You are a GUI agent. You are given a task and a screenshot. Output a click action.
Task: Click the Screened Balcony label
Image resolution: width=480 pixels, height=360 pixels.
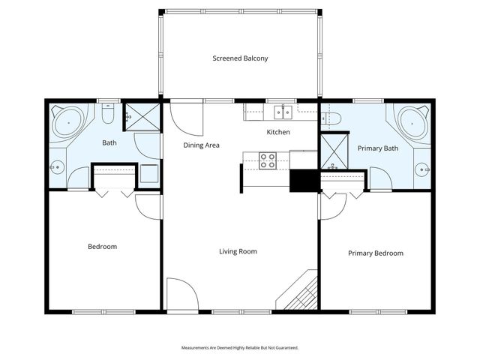[240, 58]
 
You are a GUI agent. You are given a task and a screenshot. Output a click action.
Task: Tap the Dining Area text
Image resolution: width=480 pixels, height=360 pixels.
[202, 145]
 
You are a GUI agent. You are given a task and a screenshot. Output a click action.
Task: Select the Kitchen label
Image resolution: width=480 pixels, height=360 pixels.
[278, 133]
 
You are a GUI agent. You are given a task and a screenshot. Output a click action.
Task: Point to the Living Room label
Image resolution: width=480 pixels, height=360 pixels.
[238, 251]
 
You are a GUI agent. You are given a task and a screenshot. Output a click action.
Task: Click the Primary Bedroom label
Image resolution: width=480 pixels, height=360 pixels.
[376, 253]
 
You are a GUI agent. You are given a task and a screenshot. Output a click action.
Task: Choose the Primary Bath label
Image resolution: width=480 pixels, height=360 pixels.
[377, 148]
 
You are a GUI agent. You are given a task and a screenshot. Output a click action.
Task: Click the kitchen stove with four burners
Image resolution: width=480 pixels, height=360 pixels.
[268, 159]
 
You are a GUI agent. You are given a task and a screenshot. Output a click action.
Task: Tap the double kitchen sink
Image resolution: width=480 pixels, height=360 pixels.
[283, 112]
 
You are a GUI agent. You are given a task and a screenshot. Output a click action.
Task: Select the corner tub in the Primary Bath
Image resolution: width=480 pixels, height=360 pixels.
[411, 121]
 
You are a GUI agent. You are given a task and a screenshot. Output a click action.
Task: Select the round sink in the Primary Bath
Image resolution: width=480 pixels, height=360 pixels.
[425, 170]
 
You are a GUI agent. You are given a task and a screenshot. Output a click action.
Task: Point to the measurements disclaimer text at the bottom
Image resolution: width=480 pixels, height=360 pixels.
[240, 348]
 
